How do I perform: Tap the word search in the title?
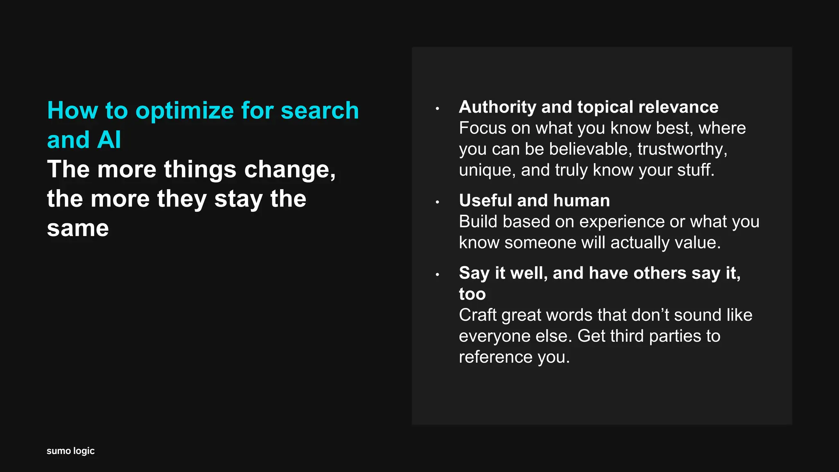point(320,111)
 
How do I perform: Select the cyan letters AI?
point(109,140)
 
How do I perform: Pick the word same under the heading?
point(78,228)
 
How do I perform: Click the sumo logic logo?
point(70,451)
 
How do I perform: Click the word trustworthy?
point(682,149)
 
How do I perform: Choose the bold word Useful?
point(485,201)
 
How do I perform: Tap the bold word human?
point(581,201)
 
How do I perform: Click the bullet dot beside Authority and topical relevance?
point(438,109)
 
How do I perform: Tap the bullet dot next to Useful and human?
point(438,202)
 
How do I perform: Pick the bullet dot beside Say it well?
point(438,275)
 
